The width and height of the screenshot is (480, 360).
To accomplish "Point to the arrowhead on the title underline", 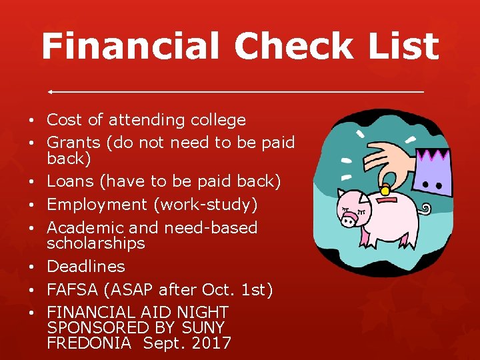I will click(x=51, y=91).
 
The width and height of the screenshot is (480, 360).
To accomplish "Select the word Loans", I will click(x=69, y=181).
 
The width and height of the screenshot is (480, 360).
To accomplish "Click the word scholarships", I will click(x=95, y=243).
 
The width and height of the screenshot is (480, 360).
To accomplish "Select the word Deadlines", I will click(x=86, y=267).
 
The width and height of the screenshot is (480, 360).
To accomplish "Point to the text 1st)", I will click(x=256, y=290).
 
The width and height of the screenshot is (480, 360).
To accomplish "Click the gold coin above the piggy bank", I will click(x=385, y=191).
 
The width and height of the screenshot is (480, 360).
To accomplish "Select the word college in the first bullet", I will click(x=218, y=121).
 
